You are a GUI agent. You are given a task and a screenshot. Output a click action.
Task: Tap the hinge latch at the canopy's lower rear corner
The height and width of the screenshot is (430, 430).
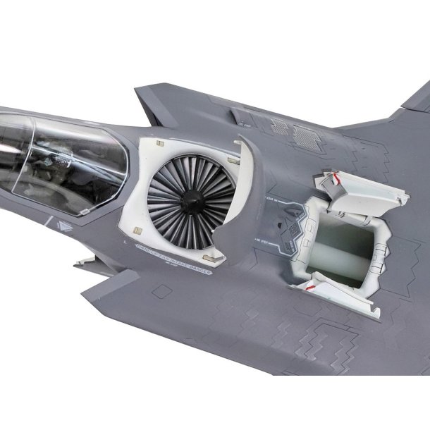pyautogui.click(x=86, y=211)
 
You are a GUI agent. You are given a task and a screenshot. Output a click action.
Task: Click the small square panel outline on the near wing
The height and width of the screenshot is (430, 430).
pyautogui.click(x=162, y=292)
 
